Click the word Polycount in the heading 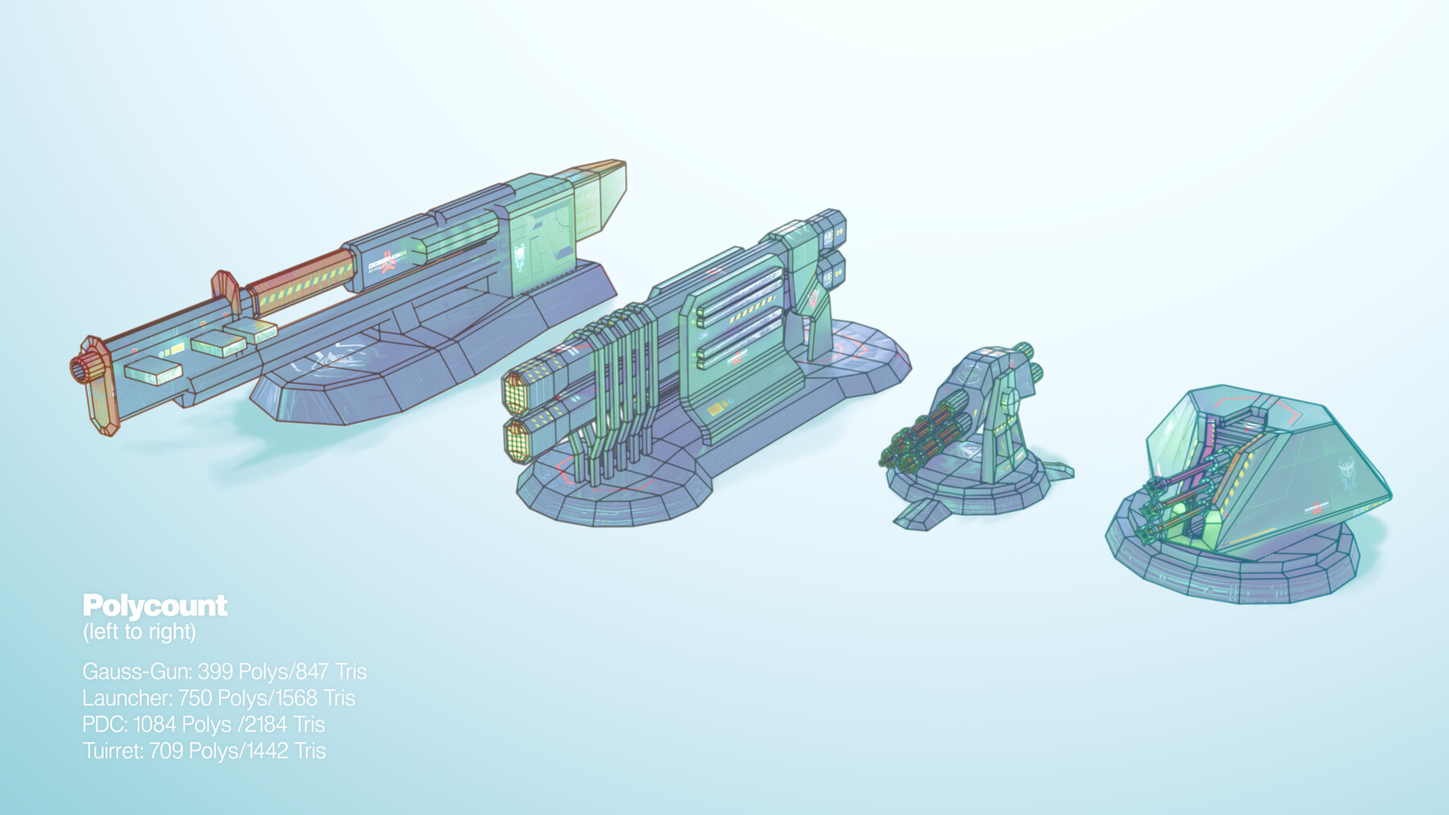coord(155,605)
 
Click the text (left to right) coord(139,632)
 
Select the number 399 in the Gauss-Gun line coord(215,671)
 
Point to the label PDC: coord(105,724)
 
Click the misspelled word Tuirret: coord(113,751)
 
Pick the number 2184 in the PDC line coord(266,724)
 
